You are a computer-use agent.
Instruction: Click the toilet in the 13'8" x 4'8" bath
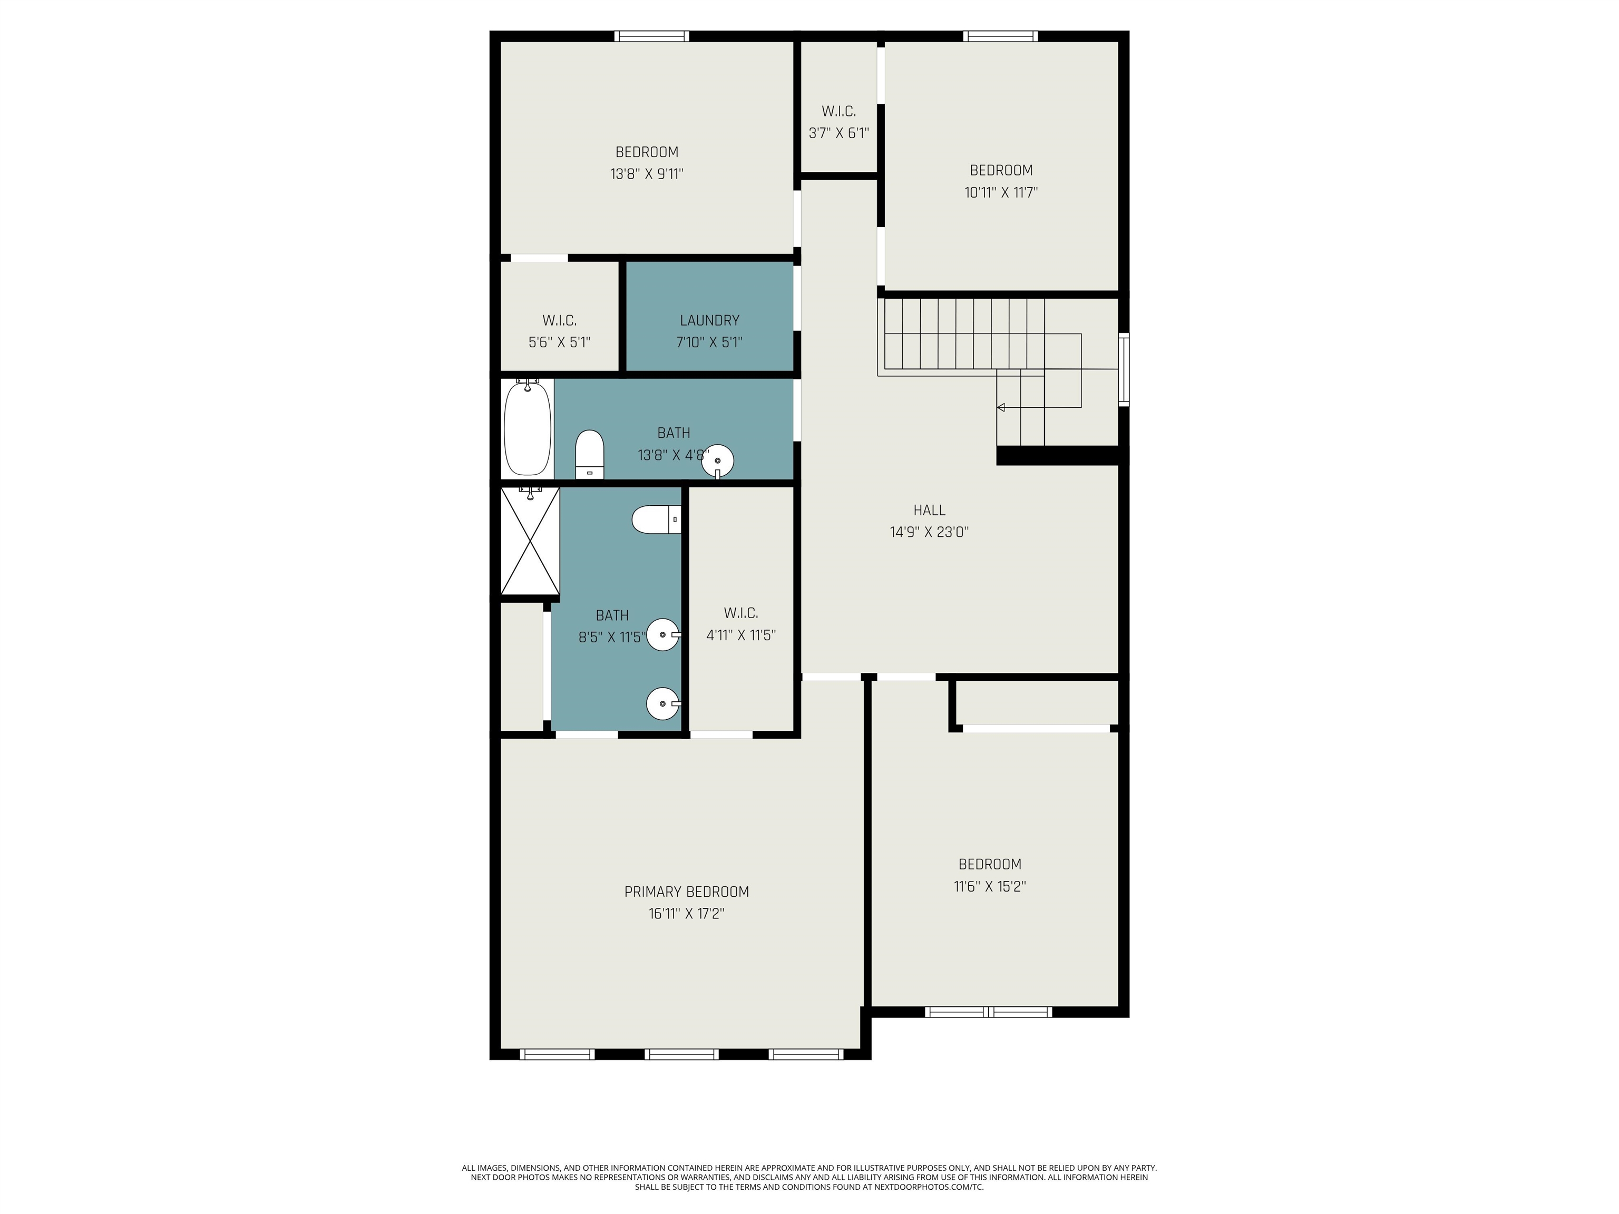(x=589, y=454)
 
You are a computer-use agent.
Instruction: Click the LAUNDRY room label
(x=709, y=320)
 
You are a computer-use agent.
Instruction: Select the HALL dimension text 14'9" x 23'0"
(x=929, y=532)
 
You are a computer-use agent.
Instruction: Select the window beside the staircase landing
(x=1124, y=369)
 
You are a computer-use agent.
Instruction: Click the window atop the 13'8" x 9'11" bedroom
(x=651, y=36)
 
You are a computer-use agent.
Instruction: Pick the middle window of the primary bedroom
(x=681, y=1054)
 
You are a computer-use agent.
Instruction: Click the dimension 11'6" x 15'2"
(x=990, y=886)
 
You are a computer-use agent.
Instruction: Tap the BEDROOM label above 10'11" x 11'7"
(x=1000, y=171)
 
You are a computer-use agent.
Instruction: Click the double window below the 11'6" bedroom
(x=988, y=1012)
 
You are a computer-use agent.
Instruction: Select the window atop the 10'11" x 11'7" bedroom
(x=1000, y=36)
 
